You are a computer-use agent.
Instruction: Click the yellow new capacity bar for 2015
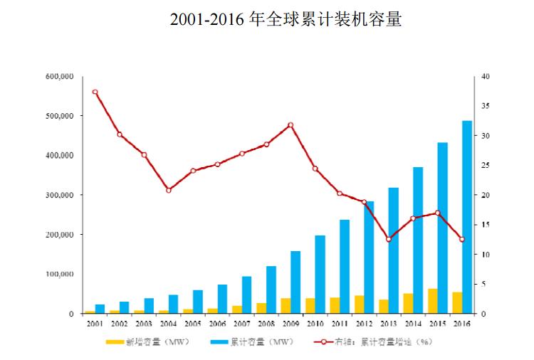coord(432,301)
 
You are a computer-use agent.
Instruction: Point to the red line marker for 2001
coord(95,92)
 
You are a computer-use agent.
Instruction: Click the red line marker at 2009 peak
coord(290,125)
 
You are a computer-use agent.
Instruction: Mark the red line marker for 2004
coord(168,190)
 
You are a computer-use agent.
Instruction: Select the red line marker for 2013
coord(388,239)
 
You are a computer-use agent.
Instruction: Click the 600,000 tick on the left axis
coord(59,76)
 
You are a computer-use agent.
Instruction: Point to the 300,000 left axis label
coord(59,195)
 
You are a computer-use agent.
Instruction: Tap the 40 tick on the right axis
coord(485,76)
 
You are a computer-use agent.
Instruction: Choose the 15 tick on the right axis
coord(485,225)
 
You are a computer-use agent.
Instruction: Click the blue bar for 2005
coord(198,302)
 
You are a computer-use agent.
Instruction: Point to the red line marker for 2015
coord(437,213)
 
